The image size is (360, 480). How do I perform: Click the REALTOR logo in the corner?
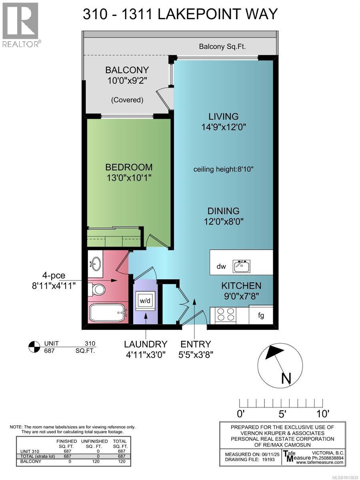tap(20, 24)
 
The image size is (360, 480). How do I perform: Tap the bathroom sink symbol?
tap(96, 264)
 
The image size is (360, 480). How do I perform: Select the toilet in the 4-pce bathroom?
tap(96, 289)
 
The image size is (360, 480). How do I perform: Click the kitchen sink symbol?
tap(242, 266)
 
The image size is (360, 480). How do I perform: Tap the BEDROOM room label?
tap(129, 167)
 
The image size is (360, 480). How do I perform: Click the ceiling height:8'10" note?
tap(223, 169)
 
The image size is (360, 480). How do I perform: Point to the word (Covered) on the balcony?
tap(127, 100)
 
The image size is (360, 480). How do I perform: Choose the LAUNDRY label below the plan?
tap(145, 344)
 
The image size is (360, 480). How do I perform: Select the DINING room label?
tap(223, 211)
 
